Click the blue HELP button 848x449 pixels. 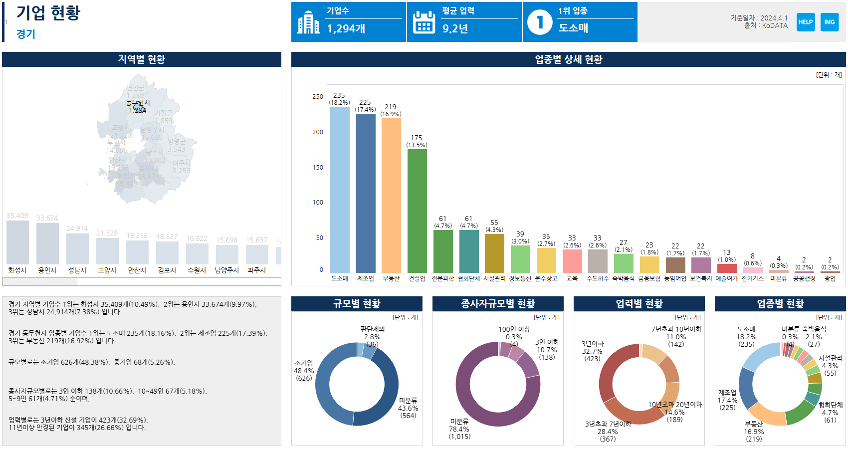[x=806, y=22]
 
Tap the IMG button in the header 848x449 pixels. [x=830, y=22]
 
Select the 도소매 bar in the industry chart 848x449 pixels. [x=340, y=190]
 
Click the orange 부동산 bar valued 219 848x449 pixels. [x=391, y=195]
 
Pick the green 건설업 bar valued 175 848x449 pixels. [x=417, y=211]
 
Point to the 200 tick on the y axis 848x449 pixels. [x=318, y=132]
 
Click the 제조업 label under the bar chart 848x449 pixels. [x=365, y=278]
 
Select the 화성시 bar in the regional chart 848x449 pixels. [x=17, y=242]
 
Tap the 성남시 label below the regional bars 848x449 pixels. [x=77, y=270]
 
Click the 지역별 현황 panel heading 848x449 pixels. [x=142, y=59]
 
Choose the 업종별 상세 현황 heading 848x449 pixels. [x=568, y=59]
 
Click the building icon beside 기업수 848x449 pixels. [x=308, y=22]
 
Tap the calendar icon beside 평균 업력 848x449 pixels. [x=424, y=22]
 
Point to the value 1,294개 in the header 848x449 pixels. [x=346, y=29]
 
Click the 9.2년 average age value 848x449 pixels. [x=455, y=29]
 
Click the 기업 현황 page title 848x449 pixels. [x=48, y=13]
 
